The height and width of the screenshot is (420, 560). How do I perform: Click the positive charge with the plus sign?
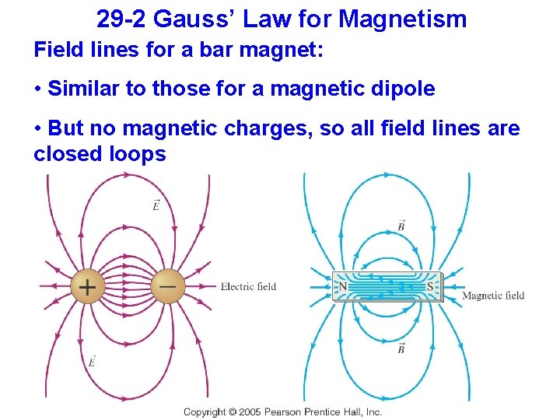[x=87, y=287]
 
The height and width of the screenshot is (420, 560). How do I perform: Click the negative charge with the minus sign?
[x=167, y=285]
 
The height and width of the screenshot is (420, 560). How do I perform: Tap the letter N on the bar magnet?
[x=343, y=287]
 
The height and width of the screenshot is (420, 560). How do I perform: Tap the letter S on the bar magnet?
[x=430, y=287]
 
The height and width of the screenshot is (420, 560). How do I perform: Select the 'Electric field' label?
[x=248, y=286]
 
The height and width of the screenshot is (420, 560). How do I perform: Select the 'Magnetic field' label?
[x=493, y=296]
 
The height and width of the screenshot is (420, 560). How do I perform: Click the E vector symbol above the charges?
[x=156, y=205]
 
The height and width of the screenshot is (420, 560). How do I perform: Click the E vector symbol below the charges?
[x=92, y=361]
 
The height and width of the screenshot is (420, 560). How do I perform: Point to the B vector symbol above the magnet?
[x=401, y=226]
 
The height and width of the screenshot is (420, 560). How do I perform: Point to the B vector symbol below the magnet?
[x=401, y=348]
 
